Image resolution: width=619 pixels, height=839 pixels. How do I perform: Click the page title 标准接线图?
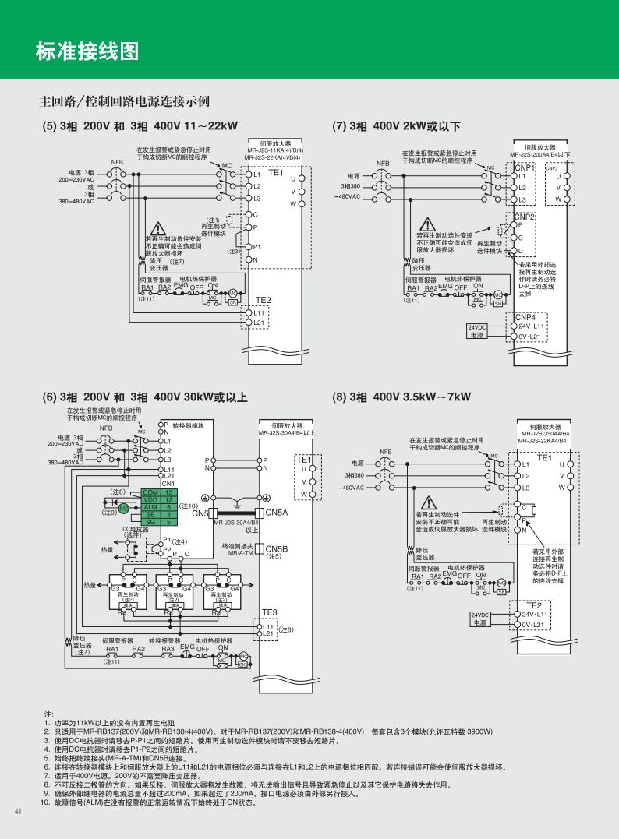coord(87,51)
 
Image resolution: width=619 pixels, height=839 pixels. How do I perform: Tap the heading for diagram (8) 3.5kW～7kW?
coord(401,397)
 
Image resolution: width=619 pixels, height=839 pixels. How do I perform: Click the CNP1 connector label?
coord(525,167)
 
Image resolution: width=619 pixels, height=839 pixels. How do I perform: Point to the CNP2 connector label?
coord(525,217)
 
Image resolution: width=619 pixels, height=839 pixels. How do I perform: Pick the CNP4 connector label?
coord(525,317)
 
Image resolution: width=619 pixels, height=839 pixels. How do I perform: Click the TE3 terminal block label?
coord(269,613)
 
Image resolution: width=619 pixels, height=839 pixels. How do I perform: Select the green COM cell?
coord(151,492)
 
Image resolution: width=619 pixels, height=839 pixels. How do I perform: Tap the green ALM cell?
coord(151,507)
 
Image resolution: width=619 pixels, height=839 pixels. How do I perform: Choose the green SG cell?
coord(151,521)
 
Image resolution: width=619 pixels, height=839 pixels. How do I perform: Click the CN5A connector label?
coord(277,513)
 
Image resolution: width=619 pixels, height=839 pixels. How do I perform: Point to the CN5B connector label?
coord(277,548)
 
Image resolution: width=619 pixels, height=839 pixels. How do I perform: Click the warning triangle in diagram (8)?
coord(429,504)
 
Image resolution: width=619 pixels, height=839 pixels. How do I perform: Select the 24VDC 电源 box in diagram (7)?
coord(477,331)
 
